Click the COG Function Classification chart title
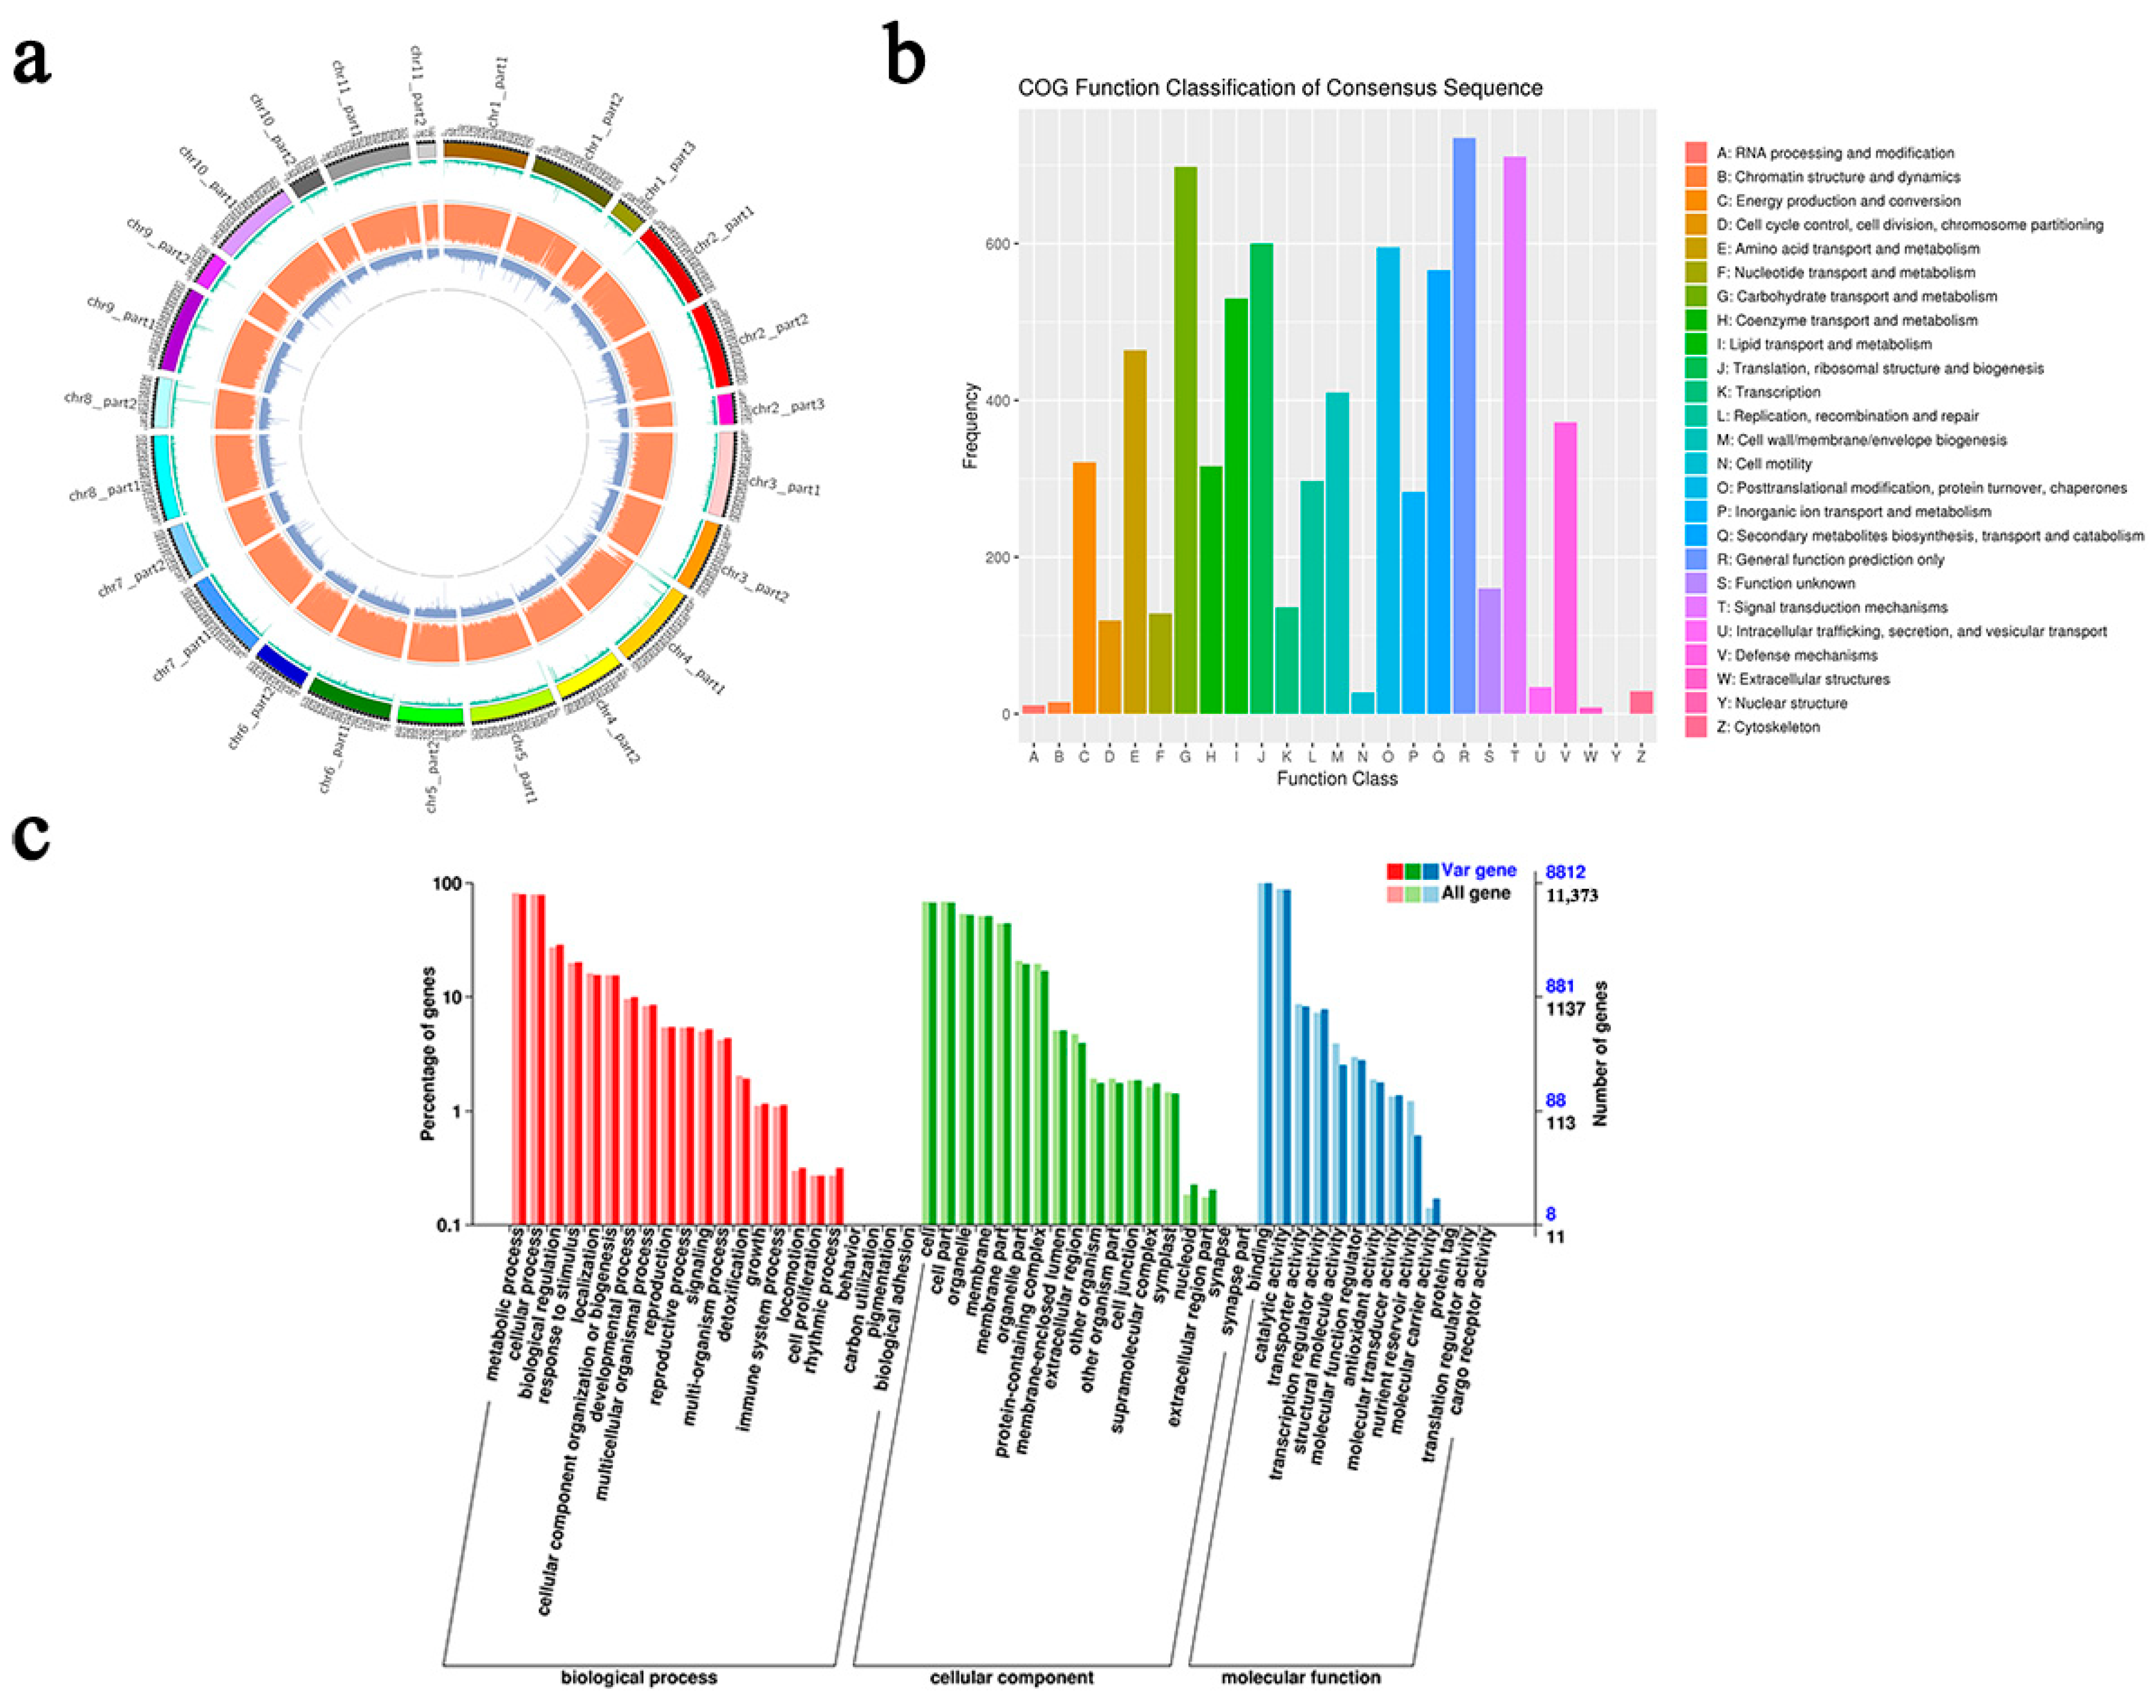[x=1280, y=88]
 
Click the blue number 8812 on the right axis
[x=1565, y=873]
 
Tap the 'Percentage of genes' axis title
[x=429, y=1053]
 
